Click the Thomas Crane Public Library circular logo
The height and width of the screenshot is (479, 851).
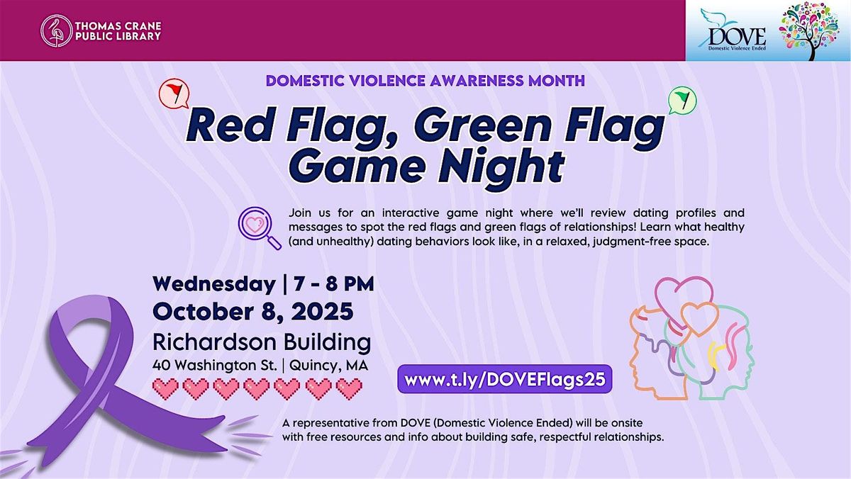[x=55, y=30]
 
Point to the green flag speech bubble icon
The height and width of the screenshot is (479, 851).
[x=681, y=101]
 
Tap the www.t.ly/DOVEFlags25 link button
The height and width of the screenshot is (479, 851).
[x=504, y=379]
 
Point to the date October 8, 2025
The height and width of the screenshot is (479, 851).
[x=252, y=312]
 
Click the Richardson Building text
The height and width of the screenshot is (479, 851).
[x=262, y=343]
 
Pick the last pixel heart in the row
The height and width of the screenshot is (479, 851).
[x=349, y=388]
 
